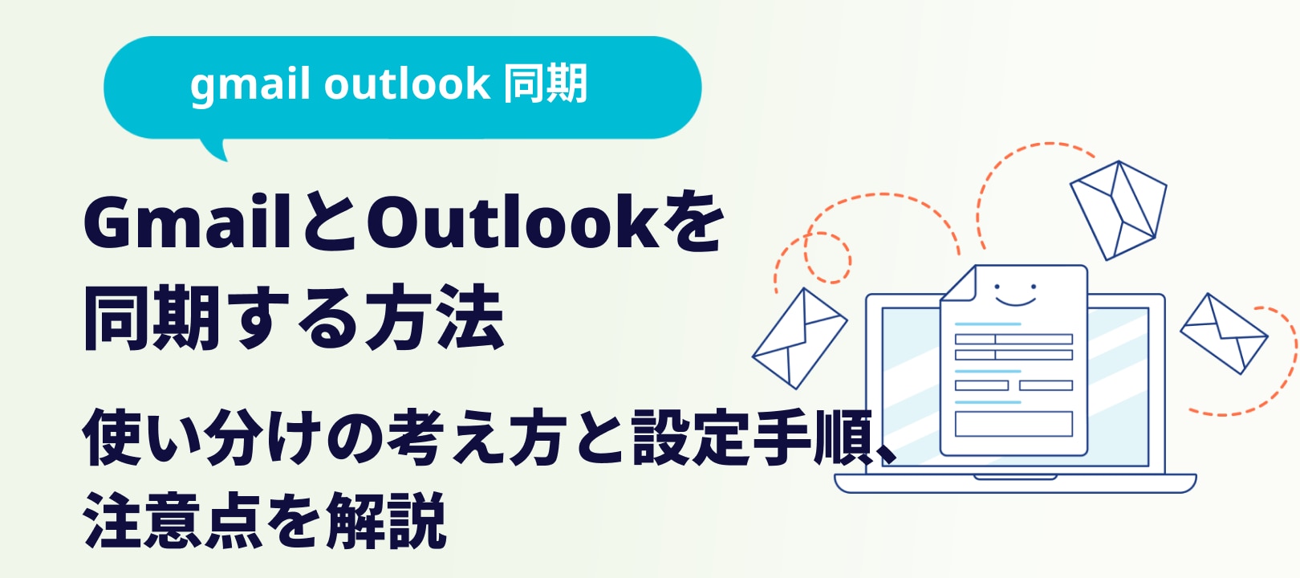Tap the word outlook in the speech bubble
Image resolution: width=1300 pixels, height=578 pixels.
pyautogui.click(x=407, y=83)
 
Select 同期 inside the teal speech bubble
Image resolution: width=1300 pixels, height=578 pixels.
pyautogui.click(x=545, y=83)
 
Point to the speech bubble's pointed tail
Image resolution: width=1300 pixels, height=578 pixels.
pyautogui.click(x=215, y=150)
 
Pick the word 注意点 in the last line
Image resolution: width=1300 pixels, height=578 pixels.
pyautogui.click(x=173, y=520)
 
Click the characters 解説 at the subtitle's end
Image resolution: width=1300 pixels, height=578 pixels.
pyautogui.click(x=386, y=520)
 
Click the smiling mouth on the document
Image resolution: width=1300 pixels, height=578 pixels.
pyautogui.click(x=1015, y=301)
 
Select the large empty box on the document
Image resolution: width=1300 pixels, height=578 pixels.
pyautogui.click(x=1014, y=424)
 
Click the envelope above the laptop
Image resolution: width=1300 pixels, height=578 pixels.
pyautogui.click(x=1119, y=210)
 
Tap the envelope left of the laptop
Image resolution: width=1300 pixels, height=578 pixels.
pyautogui.click(x=799, y=338)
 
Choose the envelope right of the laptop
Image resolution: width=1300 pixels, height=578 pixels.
pyautogui.click(x=1224, y=334)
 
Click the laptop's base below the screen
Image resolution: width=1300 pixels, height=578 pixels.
pyautogui.click(x=1015, y=483)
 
